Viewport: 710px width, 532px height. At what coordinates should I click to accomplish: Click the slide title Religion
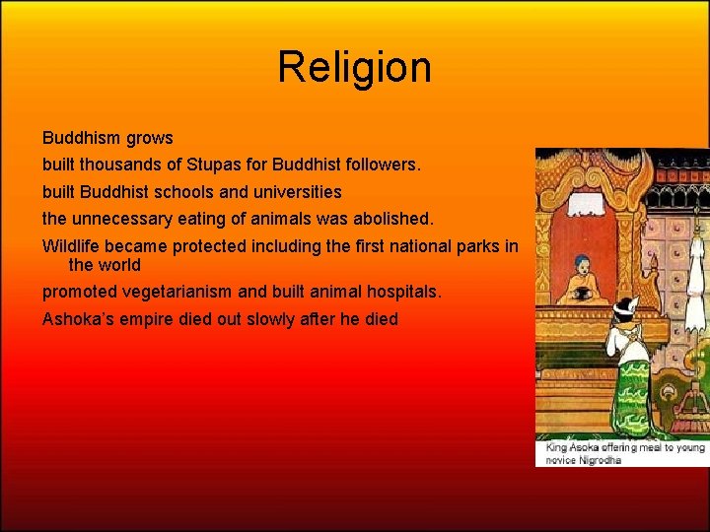(x=354, y=68)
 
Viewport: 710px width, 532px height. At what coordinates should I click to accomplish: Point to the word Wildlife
(x=73, y=246)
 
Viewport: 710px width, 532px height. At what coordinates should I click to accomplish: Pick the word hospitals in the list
(x=404, y=292)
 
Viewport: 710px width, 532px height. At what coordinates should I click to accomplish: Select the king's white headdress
(x=624, y=304)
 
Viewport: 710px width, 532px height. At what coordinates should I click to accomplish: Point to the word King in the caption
(x=557, y=447)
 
